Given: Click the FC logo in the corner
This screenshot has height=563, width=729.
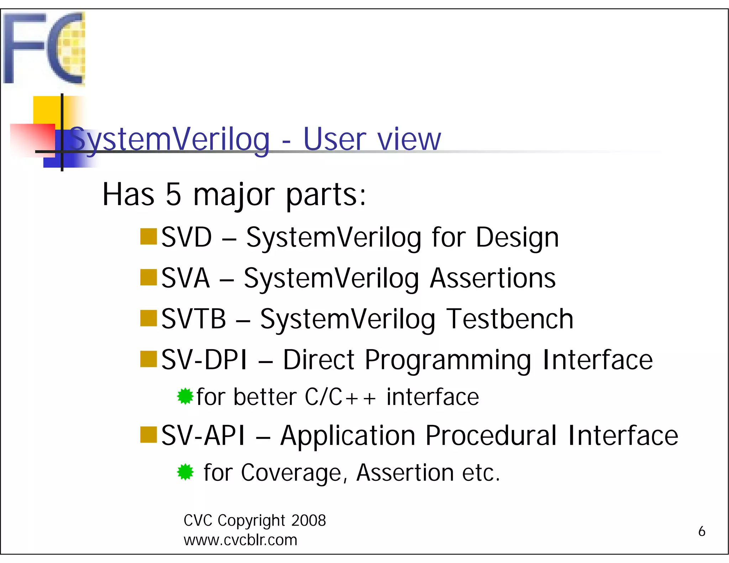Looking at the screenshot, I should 44,48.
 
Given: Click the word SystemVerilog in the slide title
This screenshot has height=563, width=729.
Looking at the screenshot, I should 169,140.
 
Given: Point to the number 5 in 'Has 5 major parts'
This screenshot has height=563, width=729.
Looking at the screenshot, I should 174,195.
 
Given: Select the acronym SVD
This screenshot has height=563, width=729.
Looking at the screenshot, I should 187,237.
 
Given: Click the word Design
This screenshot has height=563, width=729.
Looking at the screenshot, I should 517,237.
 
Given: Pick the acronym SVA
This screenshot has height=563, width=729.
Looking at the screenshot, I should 185,278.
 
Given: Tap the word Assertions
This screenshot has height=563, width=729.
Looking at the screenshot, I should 493,278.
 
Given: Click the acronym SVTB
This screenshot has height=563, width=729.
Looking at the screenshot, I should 194,319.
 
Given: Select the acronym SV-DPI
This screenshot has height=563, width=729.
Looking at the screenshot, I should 204,360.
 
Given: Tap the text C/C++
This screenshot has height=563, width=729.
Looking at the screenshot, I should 340,397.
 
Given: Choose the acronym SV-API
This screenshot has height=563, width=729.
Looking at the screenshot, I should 203,436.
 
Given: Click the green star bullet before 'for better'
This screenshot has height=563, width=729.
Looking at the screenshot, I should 185,396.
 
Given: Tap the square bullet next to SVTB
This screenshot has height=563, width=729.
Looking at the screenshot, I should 148,318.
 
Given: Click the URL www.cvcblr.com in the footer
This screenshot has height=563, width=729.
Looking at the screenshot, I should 240,540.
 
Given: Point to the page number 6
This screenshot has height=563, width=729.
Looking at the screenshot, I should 702,531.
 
